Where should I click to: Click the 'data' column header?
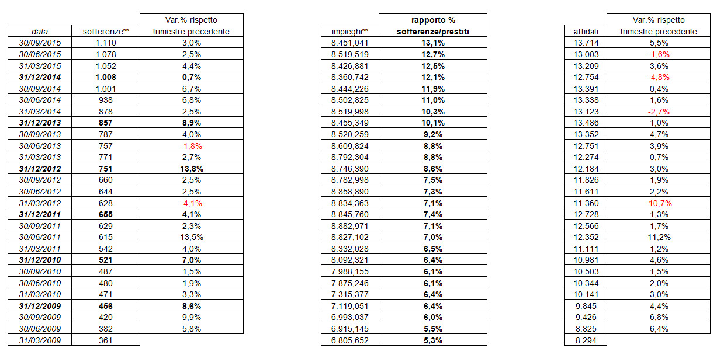click(40, 32)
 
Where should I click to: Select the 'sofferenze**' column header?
click(106, 32)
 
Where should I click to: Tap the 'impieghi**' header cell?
click(350, 32)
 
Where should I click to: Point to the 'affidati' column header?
click(586, 32)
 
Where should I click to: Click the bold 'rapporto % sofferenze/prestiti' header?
click(433, 26)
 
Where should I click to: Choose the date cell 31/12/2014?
click(40, 78)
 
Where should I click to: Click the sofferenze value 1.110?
click(106, 43)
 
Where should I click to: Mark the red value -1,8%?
click(191, 146)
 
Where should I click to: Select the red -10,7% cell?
click(659, 203)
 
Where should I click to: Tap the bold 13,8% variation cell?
click(192, 169)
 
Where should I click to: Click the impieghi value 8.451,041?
click(350, 43)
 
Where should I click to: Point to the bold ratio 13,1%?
click(433, 43)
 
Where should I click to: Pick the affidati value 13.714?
click(586, 43)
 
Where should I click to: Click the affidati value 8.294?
click(586, 340)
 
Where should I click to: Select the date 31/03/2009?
click(40, 340)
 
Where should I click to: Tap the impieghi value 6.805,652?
click(350, 340)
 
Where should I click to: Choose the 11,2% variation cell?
click(659, 237)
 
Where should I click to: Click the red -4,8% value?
click(659, 78)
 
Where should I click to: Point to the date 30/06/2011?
click(40, 237)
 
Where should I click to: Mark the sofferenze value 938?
click(106, 100)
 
